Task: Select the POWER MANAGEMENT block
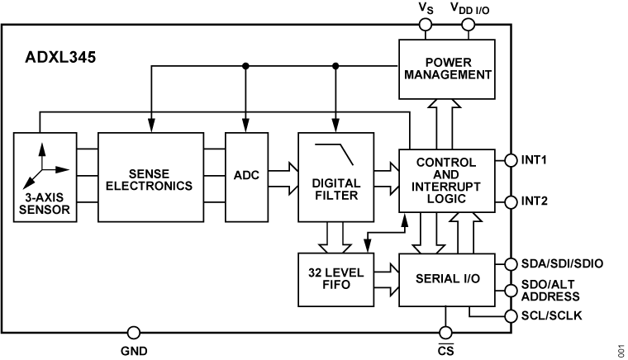pyautogui.click(x=447, y=69)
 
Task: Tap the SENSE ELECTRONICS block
pyautogui.click(x=150, y=176)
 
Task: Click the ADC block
pyautogui.click(x=245, y=176)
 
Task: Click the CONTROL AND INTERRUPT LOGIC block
pyautogui.click(x=447, y=183)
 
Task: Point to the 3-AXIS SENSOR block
pyautogui.click(x=45, y=177)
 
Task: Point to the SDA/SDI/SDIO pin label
pyautogui.click(x=562, y=263)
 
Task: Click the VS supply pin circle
pyautogui.click(x=426, y=25)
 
